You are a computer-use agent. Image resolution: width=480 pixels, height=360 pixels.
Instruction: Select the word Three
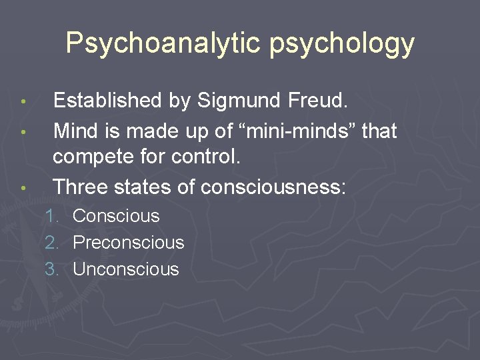(x=79, y=187)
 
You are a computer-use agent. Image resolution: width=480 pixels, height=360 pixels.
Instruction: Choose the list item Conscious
(x=116, y=216)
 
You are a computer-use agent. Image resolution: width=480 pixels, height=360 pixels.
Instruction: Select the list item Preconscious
(x=128, y=243)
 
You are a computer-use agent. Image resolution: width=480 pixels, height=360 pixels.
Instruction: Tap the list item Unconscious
(x=126, y=269)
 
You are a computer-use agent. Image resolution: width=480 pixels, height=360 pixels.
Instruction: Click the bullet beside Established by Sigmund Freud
(x=23, y=103)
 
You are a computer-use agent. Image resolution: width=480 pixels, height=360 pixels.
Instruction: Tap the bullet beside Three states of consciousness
(x=23, y=189)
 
